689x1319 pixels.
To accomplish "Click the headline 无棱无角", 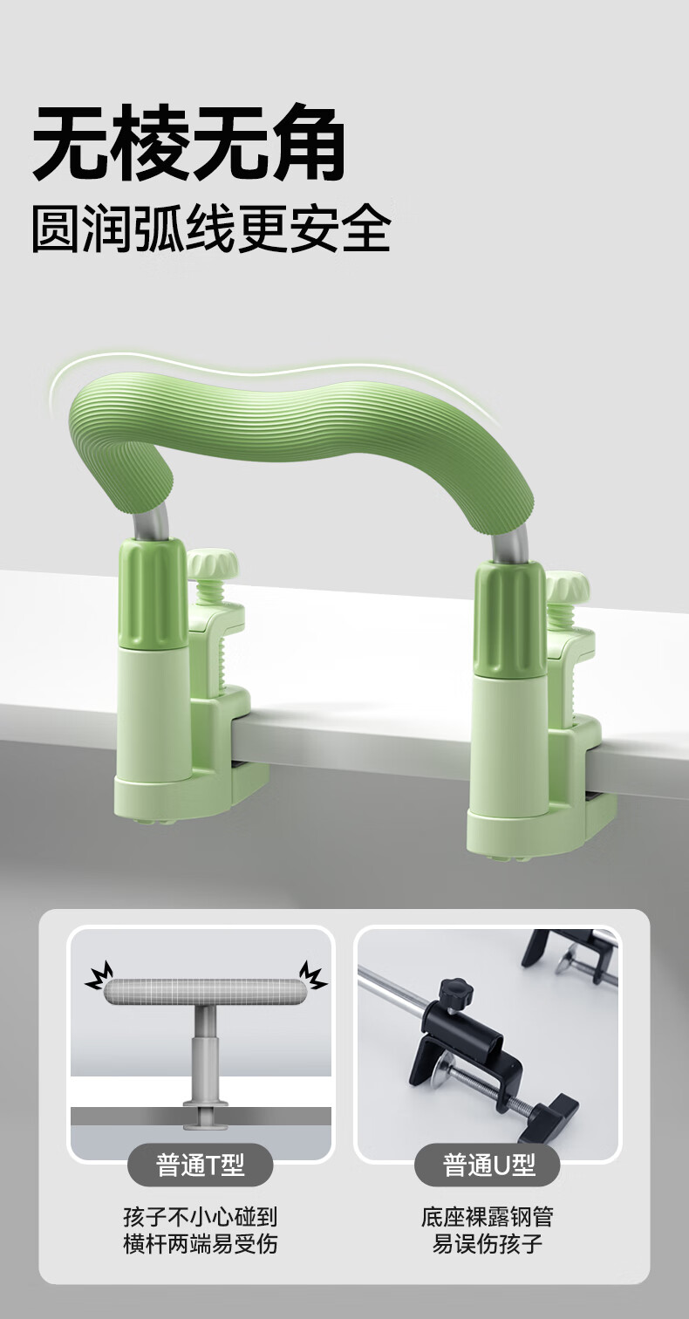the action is click(x=188, y=142).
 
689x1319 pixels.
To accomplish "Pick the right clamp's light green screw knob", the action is click(x=567, y=585).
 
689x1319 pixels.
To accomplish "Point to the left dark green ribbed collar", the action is click(x=153, y=595).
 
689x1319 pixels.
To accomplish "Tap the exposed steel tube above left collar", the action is click(x=152, y=523).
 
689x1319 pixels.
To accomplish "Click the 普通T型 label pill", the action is click(x=201, y=1164).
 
